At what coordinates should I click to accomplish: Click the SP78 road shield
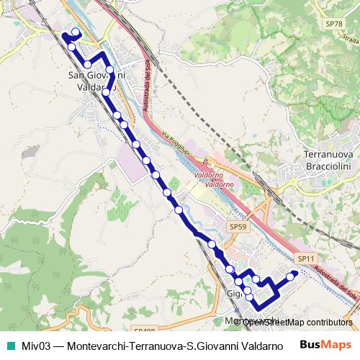[333, 24]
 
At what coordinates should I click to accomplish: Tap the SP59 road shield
[239, 227]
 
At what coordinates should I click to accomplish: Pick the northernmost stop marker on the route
[76, 32]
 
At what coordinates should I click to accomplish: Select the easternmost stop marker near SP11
[292, 276]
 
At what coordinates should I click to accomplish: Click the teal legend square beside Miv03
[10, 346]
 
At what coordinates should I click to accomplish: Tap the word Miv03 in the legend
[36, 346]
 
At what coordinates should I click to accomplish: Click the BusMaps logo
[326, 345]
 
